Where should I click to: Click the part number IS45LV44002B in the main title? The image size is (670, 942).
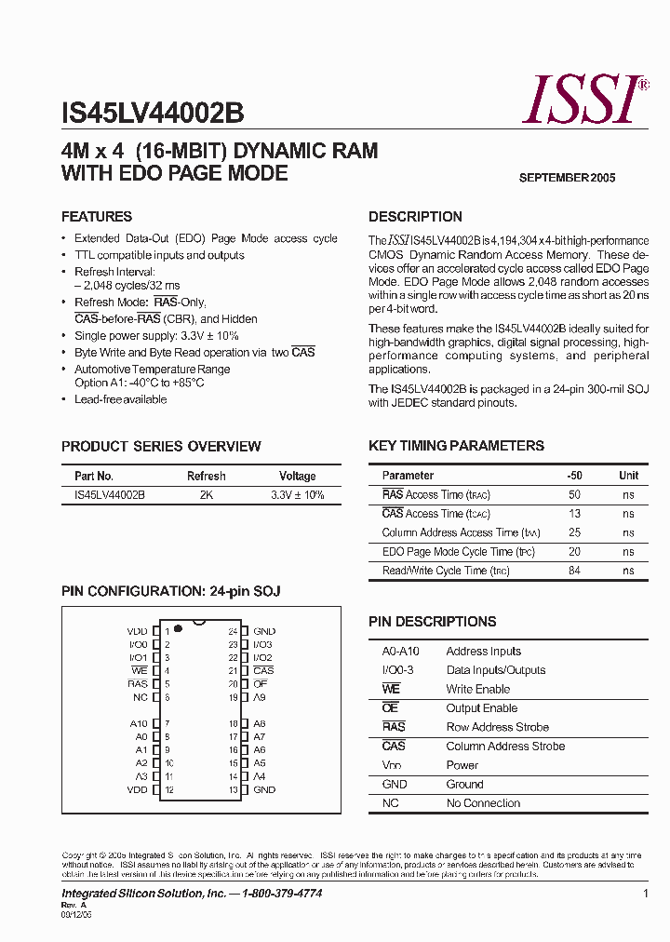click(153, 114)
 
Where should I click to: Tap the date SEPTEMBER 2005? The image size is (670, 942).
click(567, 178)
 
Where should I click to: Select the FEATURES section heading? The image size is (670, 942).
click(97, 217)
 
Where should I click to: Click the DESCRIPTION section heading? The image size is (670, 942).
click(415, 217)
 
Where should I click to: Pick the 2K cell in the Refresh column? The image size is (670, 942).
click(206, 495)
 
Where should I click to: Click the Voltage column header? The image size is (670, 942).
click(297, 476)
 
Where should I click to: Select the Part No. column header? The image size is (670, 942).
click(94, 476)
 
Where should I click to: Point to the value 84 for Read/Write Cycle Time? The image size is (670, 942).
click(574, 571)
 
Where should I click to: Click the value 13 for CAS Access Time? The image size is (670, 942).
click(574, 514)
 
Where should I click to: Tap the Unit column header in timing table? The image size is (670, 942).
click(629, 476)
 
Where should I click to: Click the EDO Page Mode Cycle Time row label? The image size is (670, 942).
click(460, 552)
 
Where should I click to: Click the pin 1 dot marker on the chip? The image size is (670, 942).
click(177, 629)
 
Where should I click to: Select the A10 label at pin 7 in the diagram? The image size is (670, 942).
click(138, 723)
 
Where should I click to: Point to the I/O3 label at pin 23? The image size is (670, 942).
click(262, 644)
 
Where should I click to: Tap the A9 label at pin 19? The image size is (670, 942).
click(260, 697)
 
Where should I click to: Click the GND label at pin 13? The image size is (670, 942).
click(264, 789)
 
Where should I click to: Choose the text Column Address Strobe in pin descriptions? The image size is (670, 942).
click(505, 747)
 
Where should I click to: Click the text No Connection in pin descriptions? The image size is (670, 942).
click(483, 803)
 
